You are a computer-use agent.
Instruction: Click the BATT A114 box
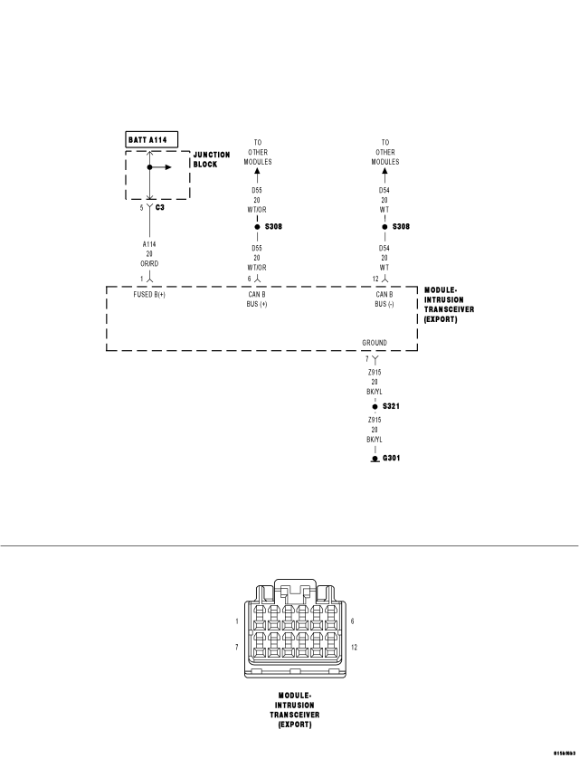point(152,139)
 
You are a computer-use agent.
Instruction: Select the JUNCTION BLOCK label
point(212,159)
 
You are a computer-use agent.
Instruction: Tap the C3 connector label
point(160,208)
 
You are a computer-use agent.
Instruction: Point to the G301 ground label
point(391,459)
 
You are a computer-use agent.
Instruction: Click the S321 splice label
point(391,407)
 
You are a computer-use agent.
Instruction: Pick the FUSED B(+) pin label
point(149,295)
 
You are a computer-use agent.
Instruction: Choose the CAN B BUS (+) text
point(257,299)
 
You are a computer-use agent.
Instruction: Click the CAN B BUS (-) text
point(384,299)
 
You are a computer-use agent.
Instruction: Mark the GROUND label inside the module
point(375,343)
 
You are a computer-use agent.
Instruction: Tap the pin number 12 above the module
point(375,279)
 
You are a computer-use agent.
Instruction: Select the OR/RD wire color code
point(148,264)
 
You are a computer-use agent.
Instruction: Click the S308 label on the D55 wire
point(273,226)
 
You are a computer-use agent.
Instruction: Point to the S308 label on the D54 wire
point(401,226)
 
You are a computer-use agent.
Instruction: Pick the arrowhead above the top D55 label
point(257,172)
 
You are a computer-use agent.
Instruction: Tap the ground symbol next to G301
point(375,460)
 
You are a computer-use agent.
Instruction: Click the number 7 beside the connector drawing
point(236,648)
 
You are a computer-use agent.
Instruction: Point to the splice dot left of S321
point(375,407)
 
